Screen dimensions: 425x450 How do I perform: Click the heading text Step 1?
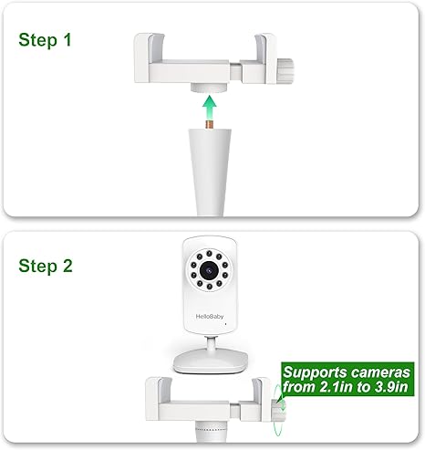pyautogui.click(x=45, y=40)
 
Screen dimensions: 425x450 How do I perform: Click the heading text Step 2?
pyautogui.click(x=46, y=266)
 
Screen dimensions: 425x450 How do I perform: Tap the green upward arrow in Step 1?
pyautogui.click(x=210, y=108)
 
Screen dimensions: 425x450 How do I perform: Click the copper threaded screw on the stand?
pyautogui.click(x=210, y=124)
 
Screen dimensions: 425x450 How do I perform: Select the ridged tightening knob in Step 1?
pyautogui.click(x=286, y=71)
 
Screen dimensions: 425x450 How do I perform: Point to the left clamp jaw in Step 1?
pyautogui.click(x=149, y=57)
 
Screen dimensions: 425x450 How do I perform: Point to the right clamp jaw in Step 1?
pyautogui.click(x=265, y=58)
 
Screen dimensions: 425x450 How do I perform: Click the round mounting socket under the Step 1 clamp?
pyautogui.click(x=209, y=88)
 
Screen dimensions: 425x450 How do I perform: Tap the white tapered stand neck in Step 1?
pyautogui.click(x=210, y=172)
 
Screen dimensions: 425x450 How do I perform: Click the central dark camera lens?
pyautogui.click(x=209, y=269)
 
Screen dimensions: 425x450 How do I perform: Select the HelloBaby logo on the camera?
pyautogui.click(x=210, y=317)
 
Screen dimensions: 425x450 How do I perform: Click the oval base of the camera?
pyautogui.click(x=211, y=361)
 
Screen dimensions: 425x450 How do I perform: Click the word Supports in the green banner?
pyautogui.click(x=310, y=373)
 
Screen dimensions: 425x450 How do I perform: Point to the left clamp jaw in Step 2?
pyautogui.click(x=159, y=399)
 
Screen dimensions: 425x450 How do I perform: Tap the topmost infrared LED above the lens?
pyautogui.click(x=209, y=253)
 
